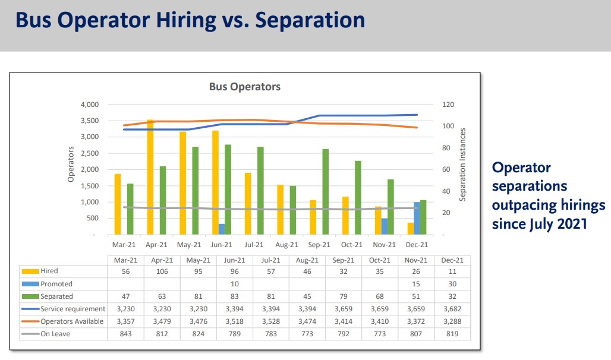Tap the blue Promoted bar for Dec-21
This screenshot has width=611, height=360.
point(417,218)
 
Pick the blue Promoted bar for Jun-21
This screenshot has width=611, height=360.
point(222,229)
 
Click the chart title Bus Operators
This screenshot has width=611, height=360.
point(244,87)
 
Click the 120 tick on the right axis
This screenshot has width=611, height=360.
point(448,105)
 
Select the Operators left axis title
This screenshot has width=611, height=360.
point(70,164)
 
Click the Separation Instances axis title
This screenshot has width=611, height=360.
point(464,164)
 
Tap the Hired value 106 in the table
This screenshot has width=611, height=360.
point(162,271)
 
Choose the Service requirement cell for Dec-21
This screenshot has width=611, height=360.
point(452,309)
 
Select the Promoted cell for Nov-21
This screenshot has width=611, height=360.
point(416,284)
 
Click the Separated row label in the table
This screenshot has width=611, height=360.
point(56,296)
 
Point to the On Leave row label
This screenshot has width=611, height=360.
point(55,334)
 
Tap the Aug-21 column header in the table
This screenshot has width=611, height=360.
point(307,260)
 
